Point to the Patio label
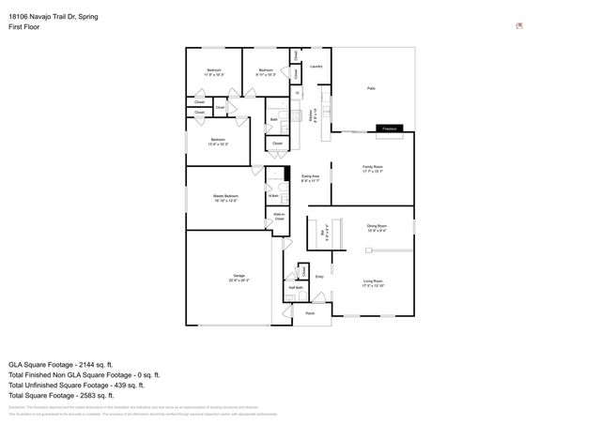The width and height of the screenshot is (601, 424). point(371,88)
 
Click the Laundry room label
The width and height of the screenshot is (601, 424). point(316,67)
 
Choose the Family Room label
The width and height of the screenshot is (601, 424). point(373,168)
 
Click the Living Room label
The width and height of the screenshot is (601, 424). point(373,282)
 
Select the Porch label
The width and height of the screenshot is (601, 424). point(311,313)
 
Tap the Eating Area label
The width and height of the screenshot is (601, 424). point(311,177)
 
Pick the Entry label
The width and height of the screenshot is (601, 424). point(319,277)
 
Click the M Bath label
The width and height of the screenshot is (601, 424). point(273,195)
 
